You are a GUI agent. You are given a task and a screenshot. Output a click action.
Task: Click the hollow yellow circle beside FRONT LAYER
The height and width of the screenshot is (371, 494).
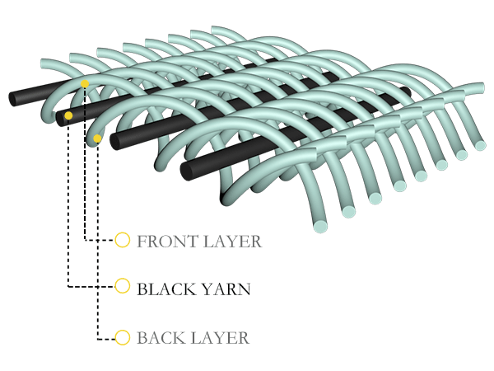tap(122, 240)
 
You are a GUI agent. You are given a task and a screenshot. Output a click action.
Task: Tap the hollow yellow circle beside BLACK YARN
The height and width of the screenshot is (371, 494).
tap(122, 286)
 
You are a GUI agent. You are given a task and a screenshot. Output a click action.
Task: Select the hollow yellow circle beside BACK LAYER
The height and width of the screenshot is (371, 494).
tap(122, 337)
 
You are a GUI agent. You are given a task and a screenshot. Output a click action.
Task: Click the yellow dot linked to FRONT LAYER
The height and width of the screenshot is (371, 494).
tap(85, 84)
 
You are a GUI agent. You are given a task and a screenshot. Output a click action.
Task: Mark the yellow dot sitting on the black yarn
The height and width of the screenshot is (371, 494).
tap(68, 116)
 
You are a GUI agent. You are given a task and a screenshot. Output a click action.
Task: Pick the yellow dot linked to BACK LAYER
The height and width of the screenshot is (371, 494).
tap(98, 139)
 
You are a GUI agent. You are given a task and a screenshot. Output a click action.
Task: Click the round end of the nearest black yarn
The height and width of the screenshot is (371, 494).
tap(185, 171)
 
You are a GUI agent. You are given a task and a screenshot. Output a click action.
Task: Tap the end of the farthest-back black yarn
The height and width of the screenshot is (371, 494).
tap(14, 98)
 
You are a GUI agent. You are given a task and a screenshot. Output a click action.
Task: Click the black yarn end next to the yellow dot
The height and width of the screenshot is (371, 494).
tap(60, 118)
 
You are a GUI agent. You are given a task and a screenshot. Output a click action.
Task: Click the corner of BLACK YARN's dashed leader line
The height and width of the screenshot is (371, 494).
tap(68, 287)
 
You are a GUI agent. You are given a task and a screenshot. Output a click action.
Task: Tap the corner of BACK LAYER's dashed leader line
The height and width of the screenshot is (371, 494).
tap(98, 338)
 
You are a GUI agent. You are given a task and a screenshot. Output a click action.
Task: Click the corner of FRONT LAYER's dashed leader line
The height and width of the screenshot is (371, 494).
tap(86, 240)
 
